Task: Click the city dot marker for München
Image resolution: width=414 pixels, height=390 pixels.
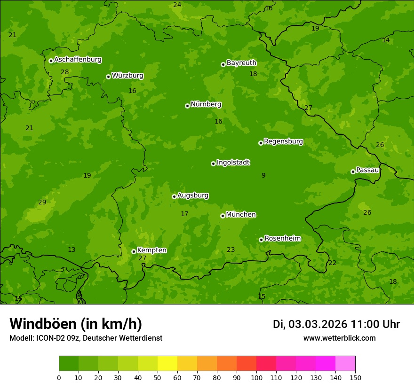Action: [x=223, y=216]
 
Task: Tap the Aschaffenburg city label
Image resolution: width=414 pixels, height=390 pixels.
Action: [x=78, y=60]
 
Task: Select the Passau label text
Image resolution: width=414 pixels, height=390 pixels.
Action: [x=367, y=170]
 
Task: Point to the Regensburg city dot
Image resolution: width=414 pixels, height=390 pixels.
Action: [x=261, y=143]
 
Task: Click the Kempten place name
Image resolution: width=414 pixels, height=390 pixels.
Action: [x=151, y=250]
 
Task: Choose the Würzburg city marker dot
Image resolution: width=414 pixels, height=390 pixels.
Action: [x=108, y=77]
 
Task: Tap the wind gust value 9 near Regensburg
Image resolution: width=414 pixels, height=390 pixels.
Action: [x=263, y=175]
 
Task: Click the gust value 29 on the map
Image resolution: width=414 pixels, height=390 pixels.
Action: [x=42, y=203]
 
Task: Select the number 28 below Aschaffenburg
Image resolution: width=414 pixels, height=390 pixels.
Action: [x=65, y=72]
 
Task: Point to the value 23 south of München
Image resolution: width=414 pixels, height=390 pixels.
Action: [x=231, y=250]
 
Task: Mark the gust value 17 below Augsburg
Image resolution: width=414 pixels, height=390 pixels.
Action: [x=184, y=214]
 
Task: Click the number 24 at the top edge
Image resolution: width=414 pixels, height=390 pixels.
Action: [x=177, y=5]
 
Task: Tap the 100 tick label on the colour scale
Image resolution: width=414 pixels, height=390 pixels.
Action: [x=256, y=377]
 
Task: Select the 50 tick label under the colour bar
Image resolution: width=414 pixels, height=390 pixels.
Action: [x=158, y=377]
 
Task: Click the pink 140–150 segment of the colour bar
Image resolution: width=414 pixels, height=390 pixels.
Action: [x=345, y=363]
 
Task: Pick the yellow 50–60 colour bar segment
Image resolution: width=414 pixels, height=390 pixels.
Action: [x=167, y=363]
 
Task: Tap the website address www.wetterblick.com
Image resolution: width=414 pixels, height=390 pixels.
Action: [x=339, y=338]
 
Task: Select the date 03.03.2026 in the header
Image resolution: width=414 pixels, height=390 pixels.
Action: [x=318, y=324]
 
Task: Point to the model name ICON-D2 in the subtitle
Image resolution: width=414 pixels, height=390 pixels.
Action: [x=50, y=338]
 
